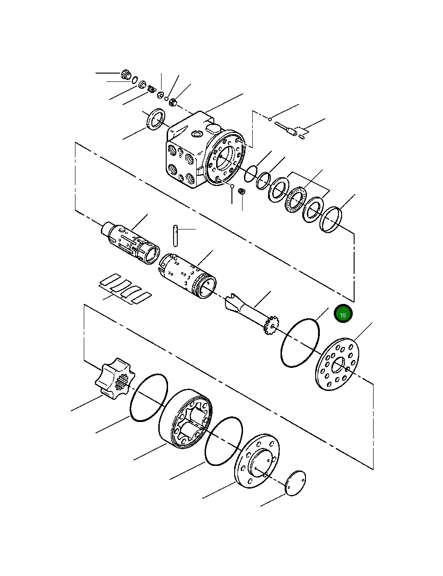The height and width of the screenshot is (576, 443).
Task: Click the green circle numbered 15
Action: coord(343,314)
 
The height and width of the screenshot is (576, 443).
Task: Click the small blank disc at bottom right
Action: coord(295,484)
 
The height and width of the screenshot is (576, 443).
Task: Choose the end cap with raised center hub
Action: coord(257,460)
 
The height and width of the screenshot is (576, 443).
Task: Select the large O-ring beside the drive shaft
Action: coord(300,342)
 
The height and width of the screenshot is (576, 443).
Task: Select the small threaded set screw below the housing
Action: coord(241,191)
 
